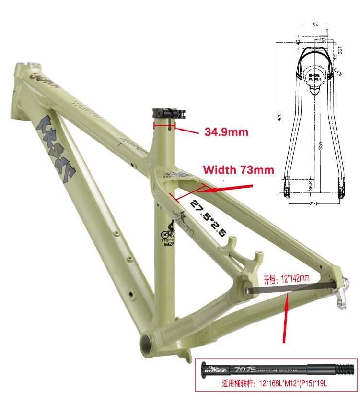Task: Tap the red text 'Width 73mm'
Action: click(238, 169)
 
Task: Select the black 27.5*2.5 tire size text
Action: click(209, 217)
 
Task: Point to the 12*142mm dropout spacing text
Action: click(286, 278)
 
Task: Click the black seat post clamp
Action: click(167, 113)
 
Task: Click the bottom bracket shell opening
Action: click(147, 341)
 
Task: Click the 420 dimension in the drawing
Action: click(279, 117)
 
